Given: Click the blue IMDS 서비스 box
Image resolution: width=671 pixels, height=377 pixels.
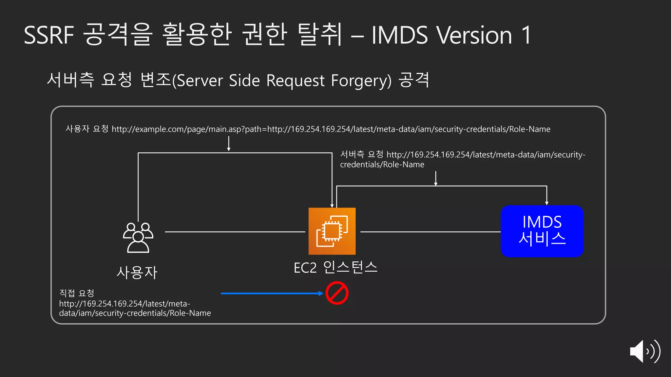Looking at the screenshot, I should [x=542, y=231].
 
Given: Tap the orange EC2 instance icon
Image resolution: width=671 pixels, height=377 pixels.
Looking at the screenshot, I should [x=332, y=231].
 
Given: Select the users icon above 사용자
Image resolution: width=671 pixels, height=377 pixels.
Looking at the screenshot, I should [x=138, y=238].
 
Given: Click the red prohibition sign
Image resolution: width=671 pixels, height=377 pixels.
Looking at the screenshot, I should [x=337, y=293].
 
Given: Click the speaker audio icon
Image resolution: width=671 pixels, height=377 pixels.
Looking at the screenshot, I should [x=644, y=351].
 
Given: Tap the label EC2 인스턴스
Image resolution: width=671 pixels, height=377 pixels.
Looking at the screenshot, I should [x=335, y=267].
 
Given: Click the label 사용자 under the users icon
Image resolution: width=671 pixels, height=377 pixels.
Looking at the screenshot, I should [x=137, y=272].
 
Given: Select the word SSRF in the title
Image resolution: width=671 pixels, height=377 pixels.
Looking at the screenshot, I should [x=49, y=35].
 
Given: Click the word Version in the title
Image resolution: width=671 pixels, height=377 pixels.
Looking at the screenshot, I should [x=474, y=35].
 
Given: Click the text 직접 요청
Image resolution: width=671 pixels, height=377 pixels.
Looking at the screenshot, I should [x=77, y=293].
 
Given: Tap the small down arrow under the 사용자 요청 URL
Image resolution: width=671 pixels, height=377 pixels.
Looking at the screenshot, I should [x=229, y=144].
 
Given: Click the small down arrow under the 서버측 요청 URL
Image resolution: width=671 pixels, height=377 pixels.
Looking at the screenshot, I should [x=436, y=178].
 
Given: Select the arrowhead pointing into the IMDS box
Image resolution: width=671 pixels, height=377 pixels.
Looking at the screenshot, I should [x=546, y=203].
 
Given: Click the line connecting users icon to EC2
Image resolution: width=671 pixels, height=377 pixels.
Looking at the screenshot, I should [x=235, y=232].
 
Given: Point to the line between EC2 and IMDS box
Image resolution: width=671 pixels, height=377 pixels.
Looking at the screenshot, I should [x=430, y=232].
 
